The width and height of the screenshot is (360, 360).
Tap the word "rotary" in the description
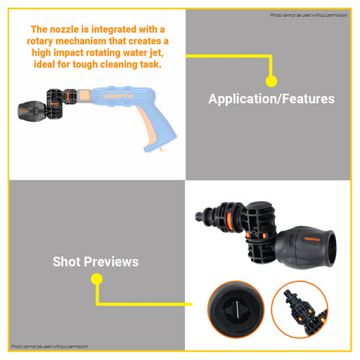(x=40, y=41)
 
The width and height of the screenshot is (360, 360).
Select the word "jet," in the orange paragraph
(x=156, y=53)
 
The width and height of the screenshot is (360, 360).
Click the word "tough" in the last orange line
(x=85, y=65)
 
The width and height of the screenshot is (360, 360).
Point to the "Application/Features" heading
(x=271, y=99)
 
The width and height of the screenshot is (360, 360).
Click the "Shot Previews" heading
(x=96, y=262)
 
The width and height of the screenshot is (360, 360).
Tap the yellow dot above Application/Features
(x=271, y=81)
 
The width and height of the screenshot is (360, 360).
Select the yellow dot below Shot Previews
(x=96, y=279)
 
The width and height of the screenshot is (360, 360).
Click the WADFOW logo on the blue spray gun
(x=118, y=96)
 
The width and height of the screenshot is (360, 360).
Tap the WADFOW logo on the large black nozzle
(x=312, y=239)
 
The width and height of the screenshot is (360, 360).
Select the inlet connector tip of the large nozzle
(x=198, y=216)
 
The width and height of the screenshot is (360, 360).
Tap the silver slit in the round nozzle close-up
(x=237, y=309)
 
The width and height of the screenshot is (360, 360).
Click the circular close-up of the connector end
(x=300, y=309)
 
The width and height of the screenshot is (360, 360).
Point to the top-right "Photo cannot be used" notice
(x=309, y=15)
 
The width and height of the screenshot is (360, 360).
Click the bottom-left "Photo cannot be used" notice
(x=50, y=347)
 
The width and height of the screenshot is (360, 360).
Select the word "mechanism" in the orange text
(x=81, y=41)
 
